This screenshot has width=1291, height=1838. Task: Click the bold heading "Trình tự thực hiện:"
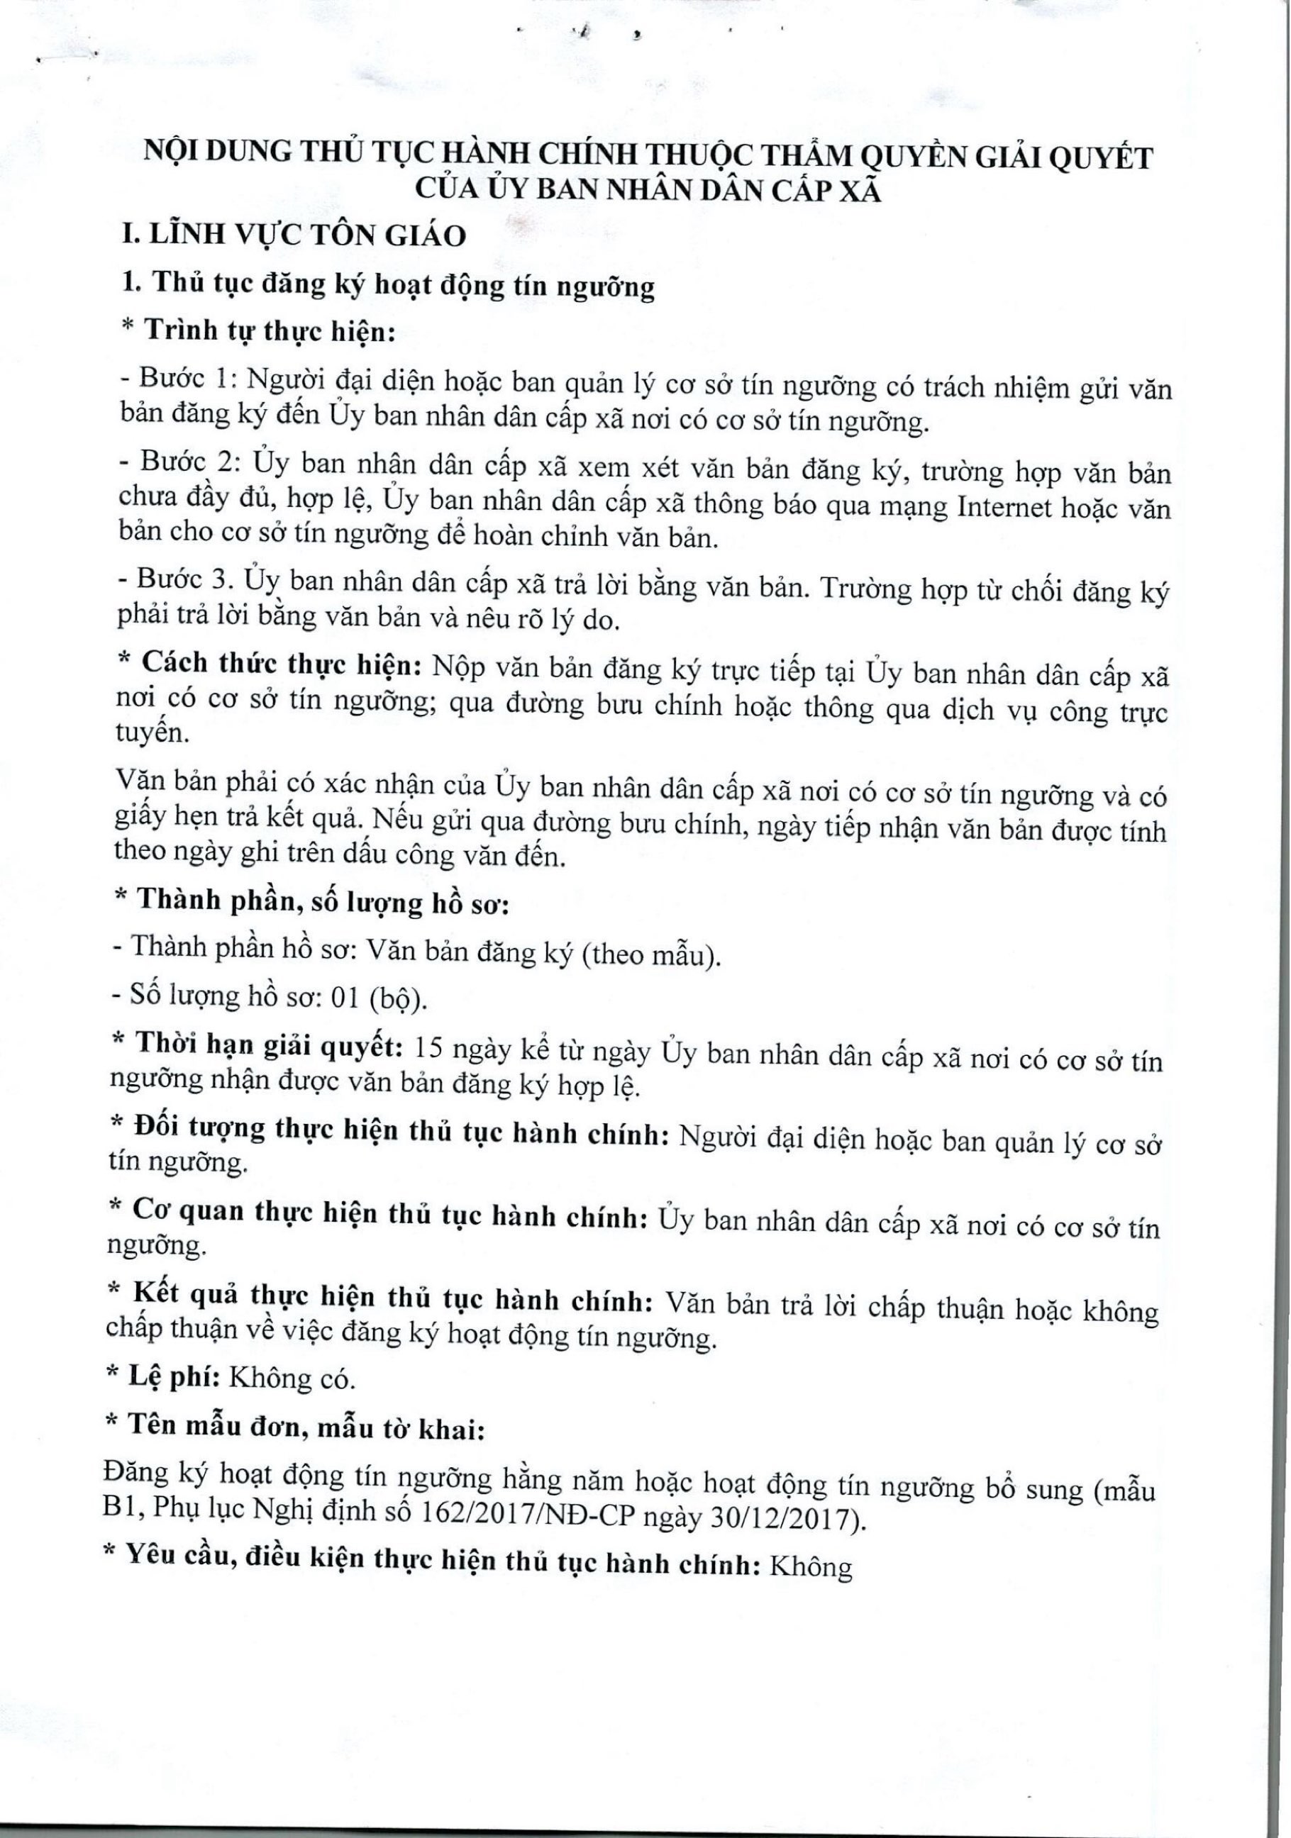[268, 330]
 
